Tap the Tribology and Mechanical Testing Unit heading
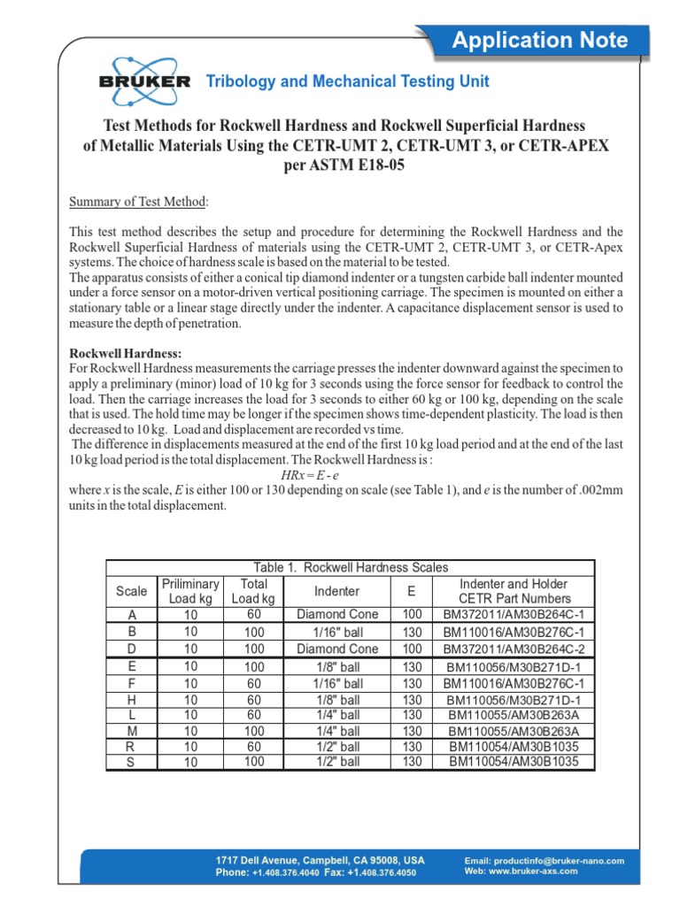click(x=347, y=81)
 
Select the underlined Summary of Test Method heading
click(x=138, y=202)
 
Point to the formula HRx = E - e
click(x=305, y=475)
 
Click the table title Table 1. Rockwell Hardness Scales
click(x=350, y=568)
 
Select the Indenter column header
click(x=336, y=591)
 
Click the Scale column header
click(x=132, y=591)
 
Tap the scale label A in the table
click(x=132, y=615)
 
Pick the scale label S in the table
click(x=132, y=762)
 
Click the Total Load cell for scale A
click(x=254, y=614)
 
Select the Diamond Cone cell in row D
click(x=337, y=649)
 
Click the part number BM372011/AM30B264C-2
click(x=514, y=649)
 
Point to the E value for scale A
click(x=413, y=614)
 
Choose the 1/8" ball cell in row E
click(x=337, y=666)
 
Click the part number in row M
click(x=514, y=731)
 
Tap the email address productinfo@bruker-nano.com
click(x=545, y=860)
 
